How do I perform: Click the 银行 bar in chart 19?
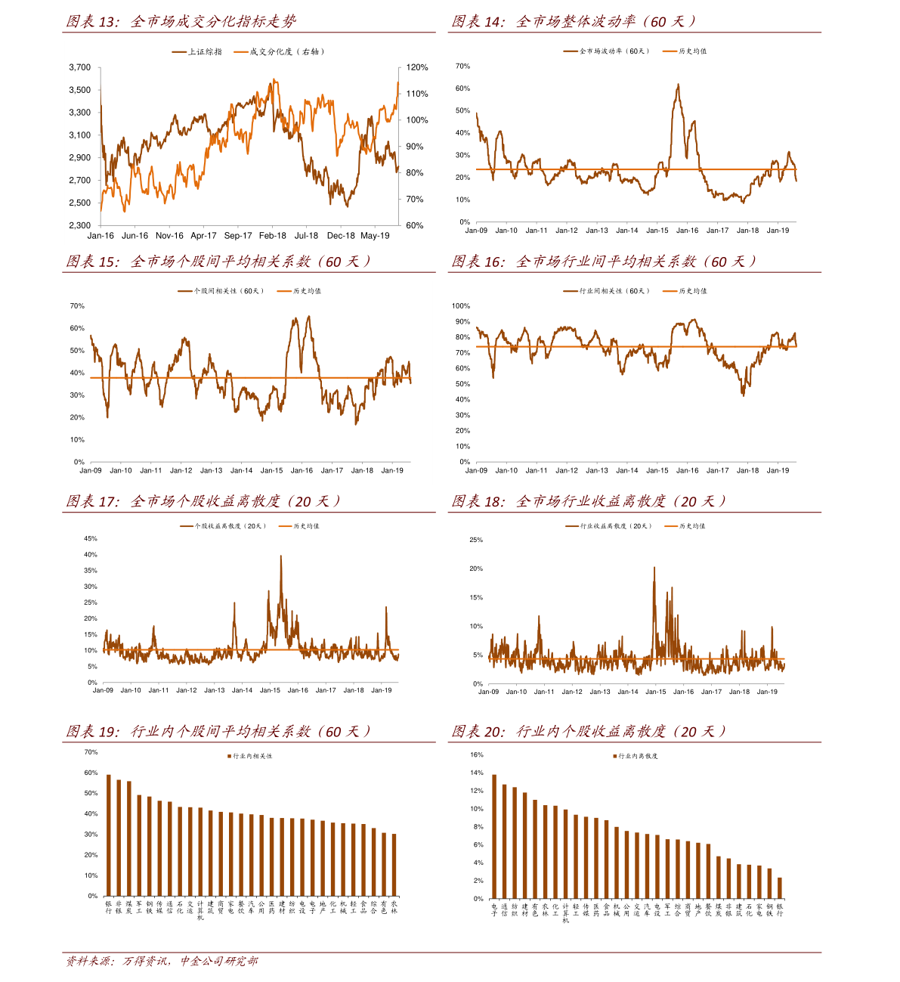(x=109, y=835)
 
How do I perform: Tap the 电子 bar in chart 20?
(x=494, y=837)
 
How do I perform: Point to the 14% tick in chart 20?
(x=477, y=773)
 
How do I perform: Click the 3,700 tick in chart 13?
(x=79, y=67)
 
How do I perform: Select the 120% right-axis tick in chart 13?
(x=417, y=67)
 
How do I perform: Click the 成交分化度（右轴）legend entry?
(x=280, y=52)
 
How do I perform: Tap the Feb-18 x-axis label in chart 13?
(x=273, y=236)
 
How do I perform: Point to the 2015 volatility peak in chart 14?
(x=678, y=85)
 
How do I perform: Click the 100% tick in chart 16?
(x=460, y=306)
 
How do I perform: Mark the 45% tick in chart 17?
(x=91, y=539)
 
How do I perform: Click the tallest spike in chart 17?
(x=281, y=556)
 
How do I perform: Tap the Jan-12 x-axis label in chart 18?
(x=572, y=692)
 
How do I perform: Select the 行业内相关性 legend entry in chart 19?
(x=250, y=756)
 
